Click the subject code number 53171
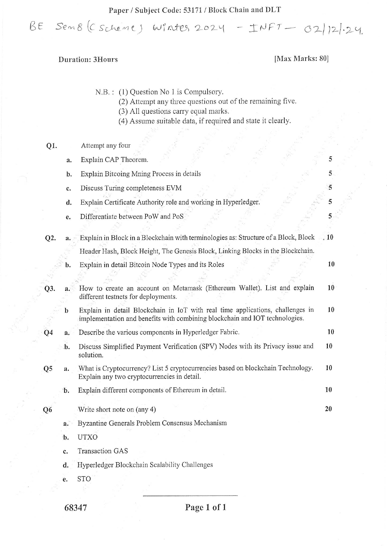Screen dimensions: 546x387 193,10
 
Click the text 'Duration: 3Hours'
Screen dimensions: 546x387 88,59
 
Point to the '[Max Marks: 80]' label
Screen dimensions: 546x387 301,59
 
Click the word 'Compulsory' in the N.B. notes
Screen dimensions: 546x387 203,92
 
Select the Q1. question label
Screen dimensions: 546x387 51,146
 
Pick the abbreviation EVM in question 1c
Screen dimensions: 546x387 174,188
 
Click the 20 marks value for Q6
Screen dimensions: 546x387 328,409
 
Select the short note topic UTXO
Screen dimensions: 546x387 87,437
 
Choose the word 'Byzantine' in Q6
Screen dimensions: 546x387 92,423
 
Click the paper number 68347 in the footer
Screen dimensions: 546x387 76,508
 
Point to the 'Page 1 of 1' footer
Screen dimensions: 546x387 205,507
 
